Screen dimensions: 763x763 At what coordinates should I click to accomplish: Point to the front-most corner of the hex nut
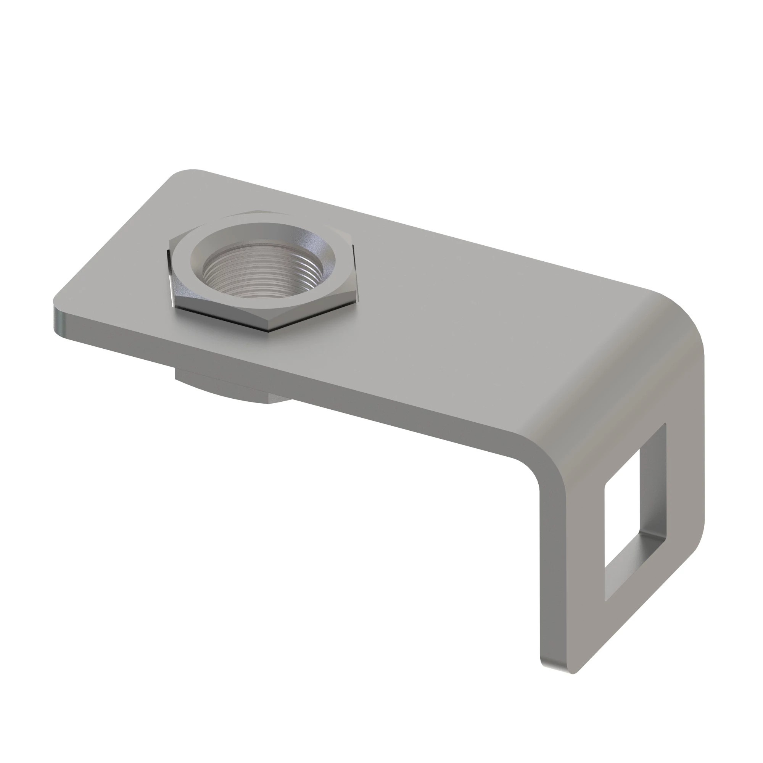pos(272,331)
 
